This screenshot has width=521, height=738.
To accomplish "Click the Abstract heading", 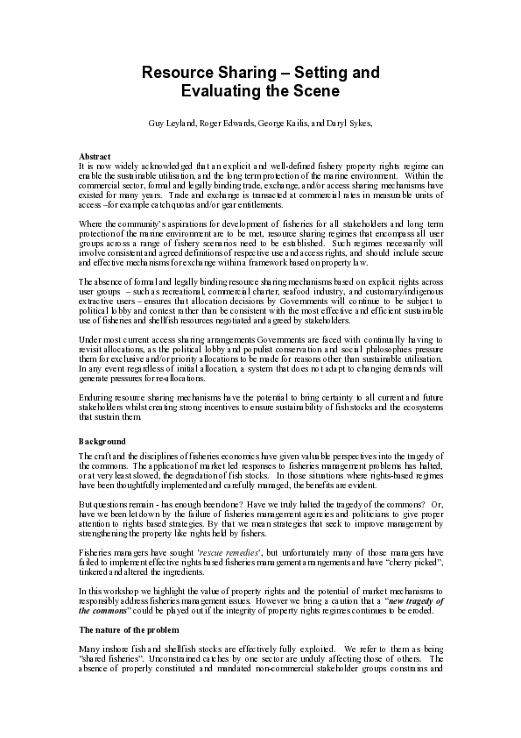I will click(x=94, y=156).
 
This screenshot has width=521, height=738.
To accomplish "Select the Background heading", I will click(x=102, y=441).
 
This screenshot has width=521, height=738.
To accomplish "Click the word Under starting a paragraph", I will click(x=90, y=337).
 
